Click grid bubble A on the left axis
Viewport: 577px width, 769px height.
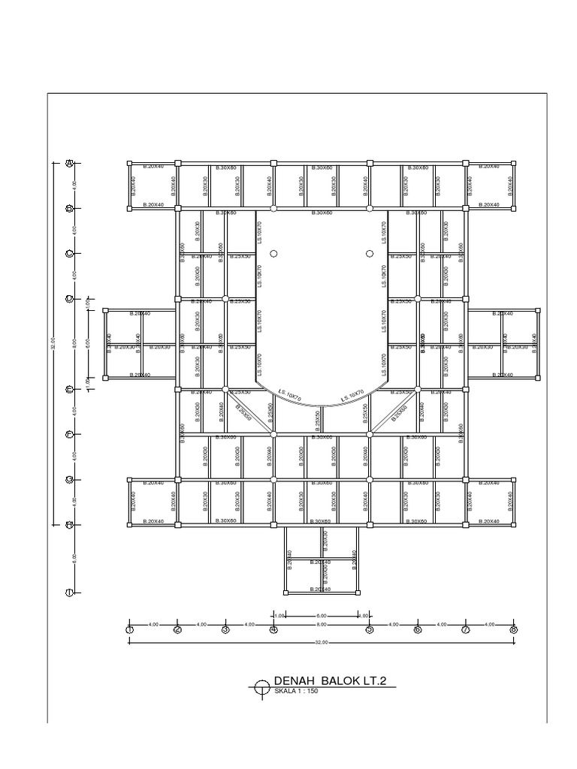pyautogui.click(x=68, y=162)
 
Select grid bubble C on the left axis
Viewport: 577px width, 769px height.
pyautogui.click(x=68, y=254)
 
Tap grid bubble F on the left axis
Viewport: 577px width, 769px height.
pyautogui.click(x=68, y=434)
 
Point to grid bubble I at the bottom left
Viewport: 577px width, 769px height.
pyautogui.click(x=68, y=592)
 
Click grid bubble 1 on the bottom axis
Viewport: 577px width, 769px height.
pyautogui.click(x=129, y=629)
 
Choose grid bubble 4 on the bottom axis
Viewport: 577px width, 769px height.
pyautogui.click(x=273, y=629)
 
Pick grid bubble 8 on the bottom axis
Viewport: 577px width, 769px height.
pyautogui.click(x=514, y=629)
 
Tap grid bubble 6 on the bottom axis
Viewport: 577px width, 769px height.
pyautogui.click(x=418, y=629)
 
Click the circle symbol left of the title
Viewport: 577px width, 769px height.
pyautogui.click(x=261, y=685)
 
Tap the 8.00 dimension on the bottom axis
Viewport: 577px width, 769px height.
pyautogui.click(x=322, y=624)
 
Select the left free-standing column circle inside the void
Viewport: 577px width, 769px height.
pyautogui.click(x=273, y=254)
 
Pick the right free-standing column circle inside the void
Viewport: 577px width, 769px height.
pyautogui.click(x=370, y=254)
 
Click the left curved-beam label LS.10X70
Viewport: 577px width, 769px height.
pyautogui.click(x=289, y=397)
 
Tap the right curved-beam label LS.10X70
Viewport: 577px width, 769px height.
pyautogui.click(x=352, y=396)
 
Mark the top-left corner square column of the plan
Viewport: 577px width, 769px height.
pyautogui.click(x=129, y=163)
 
